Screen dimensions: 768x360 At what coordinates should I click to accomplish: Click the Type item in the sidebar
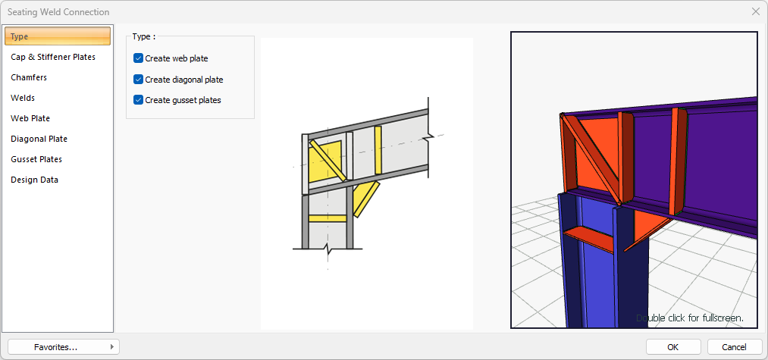[x=58, y=36]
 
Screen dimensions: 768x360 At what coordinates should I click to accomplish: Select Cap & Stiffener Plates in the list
[x=53, y=57]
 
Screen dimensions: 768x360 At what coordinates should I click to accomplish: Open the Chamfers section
[x=29, y=77]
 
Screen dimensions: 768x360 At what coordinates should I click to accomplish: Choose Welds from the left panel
[x=23, y=98]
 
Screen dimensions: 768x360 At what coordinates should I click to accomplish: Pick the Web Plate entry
[x=30, y=118]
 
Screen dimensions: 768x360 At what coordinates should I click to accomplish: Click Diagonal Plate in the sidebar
[x=39, y=139]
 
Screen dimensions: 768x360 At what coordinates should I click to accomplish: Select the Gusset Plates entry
[x=36, y=160]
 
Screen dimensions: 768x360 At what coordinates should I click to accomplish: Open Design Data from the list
[x=34, y=180]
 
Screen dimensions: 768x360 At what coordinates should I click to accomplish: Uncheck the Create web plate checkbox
[x=138, y=59]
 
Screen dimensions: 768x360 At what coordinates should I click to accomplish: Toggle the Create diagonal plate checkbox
[x=138, y=80]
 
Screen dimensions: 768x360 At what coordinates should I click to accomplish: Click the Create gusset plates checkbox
[x=138, y=100]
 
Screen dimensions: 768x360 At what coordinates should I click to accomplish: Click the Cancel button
[x=734, y=347]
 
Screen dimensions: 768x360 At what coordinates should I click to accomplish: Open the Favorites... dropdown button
[x=64, y=347]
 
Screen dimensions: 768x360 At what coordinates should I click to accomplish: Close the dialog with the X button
[x=756, y=12]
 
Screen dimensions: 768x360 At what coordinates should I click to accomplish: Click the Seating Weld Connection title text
[x=58, y=12]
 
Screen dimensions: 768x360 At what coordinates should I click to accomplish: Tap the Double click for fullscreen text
[x=690, y=318]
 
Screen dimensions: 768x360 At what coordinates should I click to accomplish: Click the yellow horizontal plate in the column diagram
[x=328, y=218]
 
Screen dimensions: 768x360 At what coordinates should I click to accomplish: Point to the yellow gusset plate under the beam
[x=365, y=199]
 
